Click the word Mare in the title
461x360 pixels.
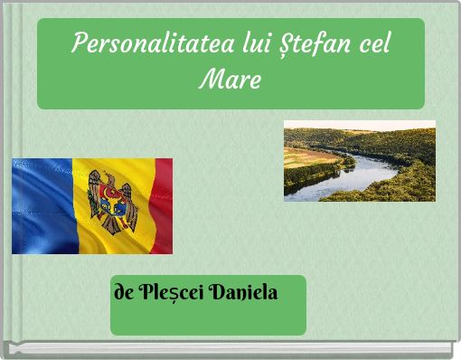230,81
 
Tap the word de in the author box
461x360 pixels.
124,293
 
